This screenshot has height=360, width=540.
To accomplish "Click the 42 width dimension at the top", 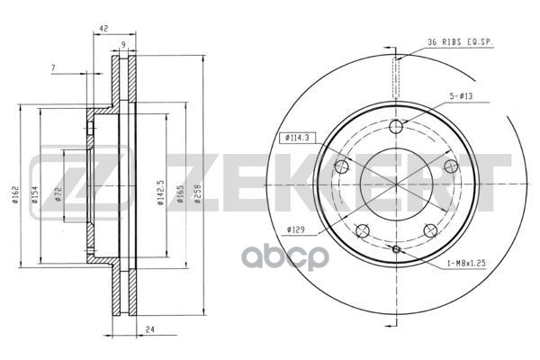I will tap(103, 29).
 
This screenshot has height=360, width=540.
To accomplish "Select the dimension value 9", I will tap(122, 47).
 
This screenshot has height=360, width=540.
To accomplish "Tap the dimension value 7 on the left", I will tap(53, 69).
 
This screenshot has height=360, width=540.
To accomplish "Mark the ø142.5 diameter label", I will tap(159, 192).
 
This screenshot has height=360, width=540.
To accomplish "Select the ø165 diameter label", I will tap(181, 193).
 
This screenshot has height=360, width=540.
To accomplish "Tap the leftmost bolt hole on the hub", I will tap(341, 166).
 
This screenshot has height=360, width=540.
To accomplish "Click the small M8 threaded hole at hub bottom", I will tap(395, 247).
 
